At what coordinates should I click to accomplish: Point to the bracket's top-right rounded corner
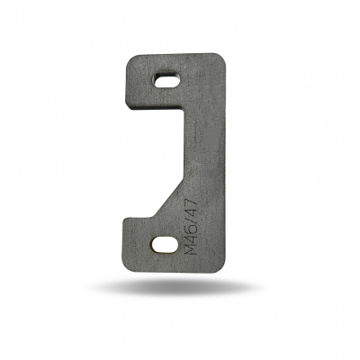(220, 58)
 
